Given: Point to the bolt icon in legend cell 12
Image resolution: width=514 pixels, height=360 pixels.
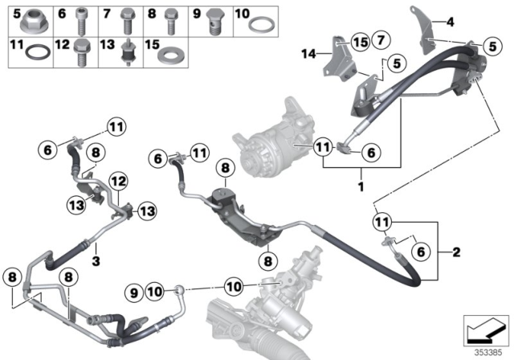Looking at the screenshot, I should point(82,53).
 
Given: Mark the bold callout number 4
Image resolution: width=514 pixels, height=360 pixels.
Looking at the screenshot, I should point(451,22).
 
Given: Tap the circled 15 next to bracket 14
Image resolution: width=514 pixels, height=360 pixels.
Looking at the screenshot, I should point(359,42).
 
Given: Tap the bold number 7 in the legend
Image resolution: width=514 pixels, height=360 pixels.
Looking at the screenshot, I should point(107,14).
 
